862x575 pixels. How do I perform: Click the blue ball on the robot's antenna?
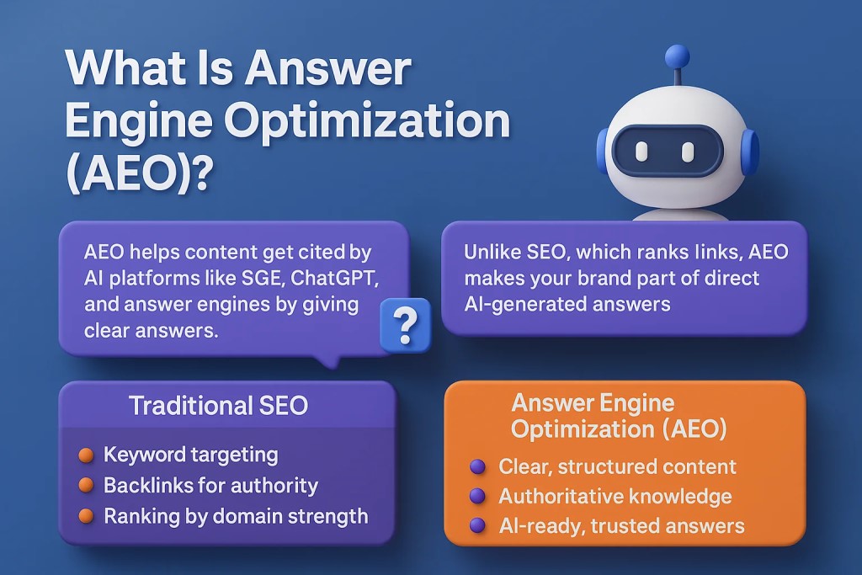point(677,57)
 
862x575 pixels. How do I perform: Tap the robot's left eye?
point(641,152)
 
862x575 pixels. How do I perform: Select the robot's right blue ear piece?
point(749,152)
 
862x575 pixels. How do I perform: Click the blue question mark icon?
point(405,325)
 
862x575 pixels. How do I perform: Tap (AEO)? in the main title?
point(139,174)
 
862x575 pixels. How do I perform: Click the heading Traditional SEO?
point(218,406)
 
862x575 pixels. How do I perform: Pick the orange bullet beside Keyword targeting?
point(86,455)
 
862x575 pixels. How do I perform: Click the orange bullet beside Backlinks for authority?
point(86,486)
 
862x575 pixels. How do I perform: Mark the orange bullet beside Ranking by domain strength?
point(86,516)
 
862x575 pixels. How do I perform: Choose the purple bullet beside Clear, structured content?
point(478,466)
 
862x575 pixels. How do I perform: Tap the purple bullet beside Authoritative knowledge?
point(478,497)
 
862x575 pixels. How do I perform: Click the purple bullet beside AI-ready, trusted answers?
point(478,526)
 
